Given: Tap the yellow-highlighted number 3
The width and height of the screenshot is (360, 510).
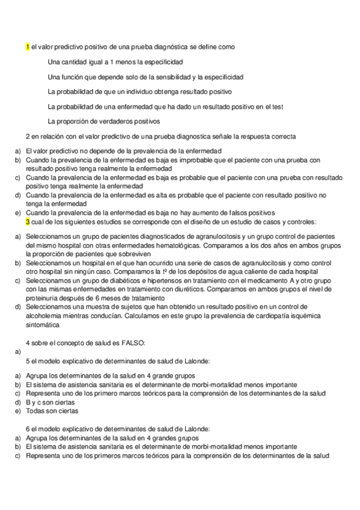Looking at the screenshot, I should [x=28, y=222].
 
